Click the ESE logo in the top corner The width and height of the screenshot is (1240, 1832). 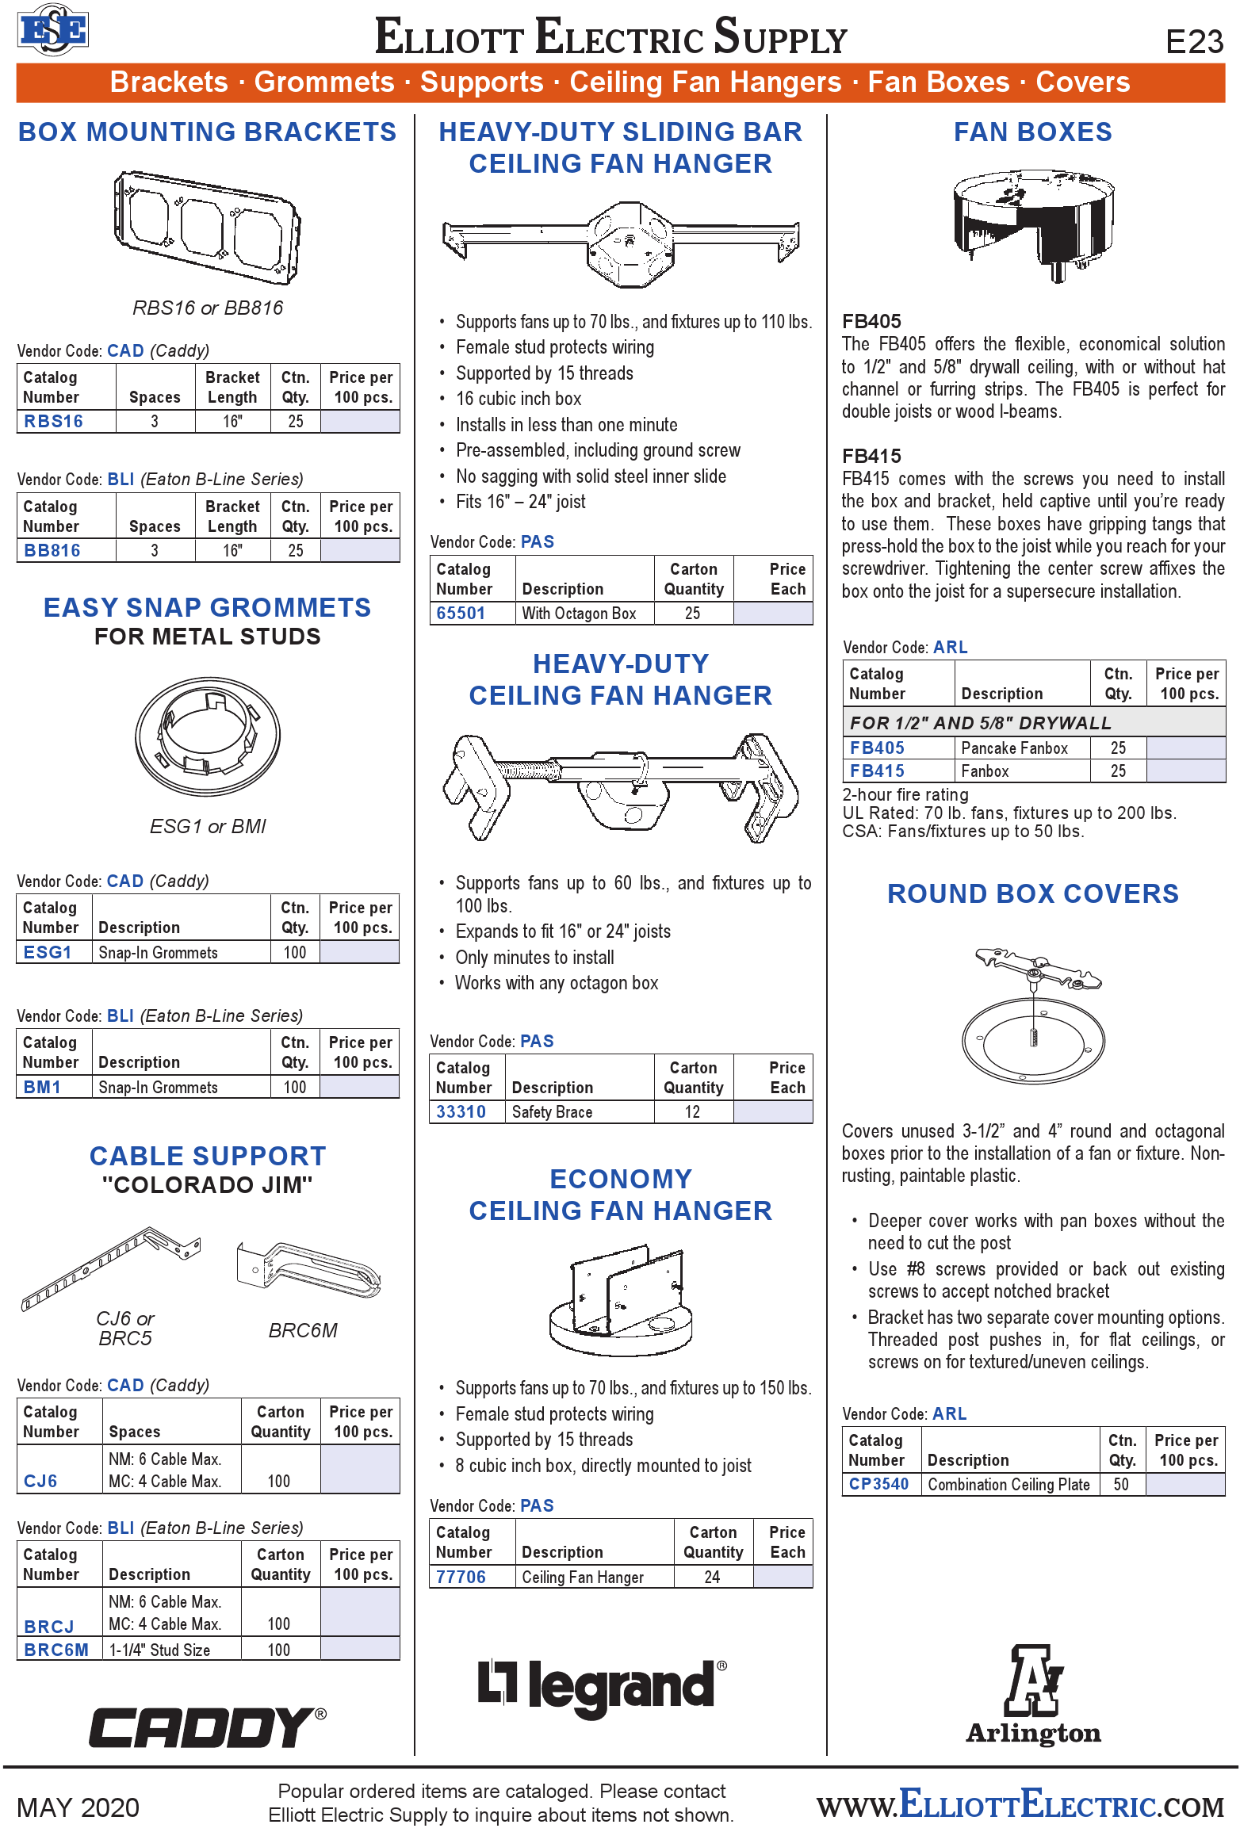pyautogui.click(x=52, y=30)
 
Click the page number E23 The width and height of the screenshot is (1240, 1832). pyautogui.click(x=1194, y=41)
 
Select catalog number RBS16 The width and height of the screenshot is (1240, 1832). pyautogui.click(x=53, y=421)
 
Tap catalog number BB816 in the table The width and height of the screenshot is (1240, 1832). pyautogui.click(x=52, y=550)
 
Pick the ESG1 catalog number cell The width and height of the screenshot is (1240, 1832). pyautogui.click(x=48, y=952)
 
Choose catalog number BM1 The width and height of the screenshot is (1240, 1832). pyautogui.click(x=42, y=1087)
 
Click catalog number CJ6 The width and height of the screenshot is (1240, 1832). pyautogui.click(x=40, y=1481)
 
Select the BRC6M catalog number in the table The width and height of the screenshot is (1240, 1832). pyautogui.click(x=56, y=1650)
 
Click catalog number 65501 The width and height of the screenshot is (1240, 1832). pyautogui.click(x=461, y=613)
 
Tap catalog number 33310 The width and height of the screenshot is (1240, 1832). pyautogui.click(x=461, y=1111)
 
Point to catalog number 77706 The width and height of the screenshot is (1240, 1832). pyautogui.click(x=461, y=1577)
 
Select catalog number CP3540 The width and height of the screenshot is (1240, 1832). pyautogui.click(x=878, y=1484)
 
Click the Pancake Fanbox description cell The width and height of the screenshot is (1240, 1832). pyautogui.click(x=1014, y=748)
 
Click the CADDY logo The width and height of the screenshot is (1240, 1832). pyautogui.click(x=207, y=1727)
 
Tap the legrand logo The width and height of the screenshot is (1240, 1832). pyautogui.click(x=602, y=1686)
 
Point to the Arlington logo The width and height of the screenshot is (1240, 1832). pyautogui.click(x=1033, y=1695)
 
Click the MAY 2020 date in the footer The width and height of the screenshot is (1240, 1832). pyautogui.click(x=78, y=1807)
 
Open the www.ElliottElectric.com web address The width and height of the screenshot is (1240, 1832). pyautogui.click(x=1020, y=1804)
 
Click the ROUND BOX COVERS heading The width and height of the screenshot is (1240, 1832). pyautogui.click(x=1032, y=893)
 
